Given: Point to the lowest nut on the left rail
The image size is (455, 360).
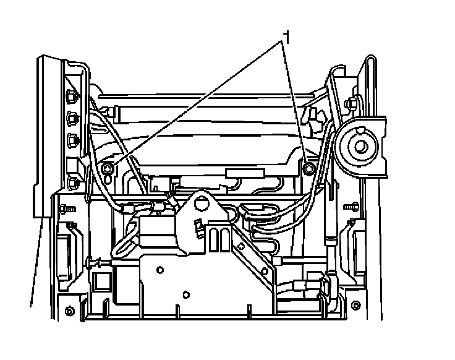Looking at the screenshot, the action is (74, 182).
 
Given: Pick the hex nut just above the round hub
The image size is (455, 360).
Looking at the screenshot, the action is (353, 102).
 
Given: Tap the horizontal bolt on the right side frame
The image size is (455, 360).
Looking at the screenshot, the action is (353, 204).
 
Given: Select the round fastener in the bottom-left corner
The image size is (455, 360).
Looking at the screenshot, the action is (69, 309).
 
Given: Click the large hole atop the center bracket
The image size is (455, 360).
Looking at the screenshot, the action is (200, 202).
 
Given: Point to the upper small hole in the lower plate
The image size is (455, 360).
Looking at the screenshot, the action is (160, 270).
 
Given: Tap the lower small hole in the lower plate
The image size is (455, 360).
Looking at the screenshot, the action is (185, 294).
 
